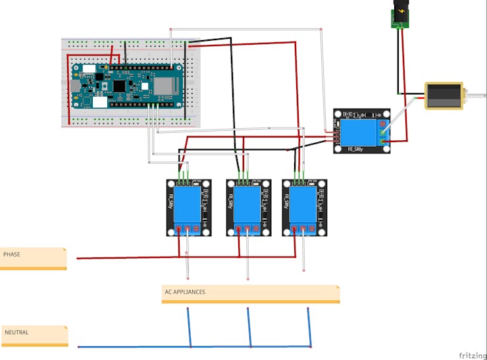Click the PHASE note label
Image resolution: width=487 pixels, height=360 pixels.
point(33,257)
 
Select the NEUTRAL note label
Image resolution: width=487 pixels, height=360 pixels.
point(34,335)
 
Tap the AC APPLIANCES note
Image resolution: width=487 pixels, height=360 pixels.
point(250,294)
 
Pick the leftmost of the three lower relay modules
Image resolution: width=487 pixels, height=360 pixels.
point(189,207)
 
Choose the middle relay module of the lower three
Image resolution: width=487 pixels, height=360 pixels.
point(249,207)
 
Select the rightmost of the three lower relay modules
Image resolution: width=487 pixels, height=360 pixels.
point(305,207)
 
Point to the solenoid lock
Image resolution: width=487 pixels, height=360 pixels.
point(443,96)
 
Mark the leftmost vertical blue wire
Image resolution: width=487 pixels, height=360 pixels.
point(190,326)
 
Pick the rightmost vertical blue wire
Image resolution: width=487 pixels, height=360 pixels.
point(309,326)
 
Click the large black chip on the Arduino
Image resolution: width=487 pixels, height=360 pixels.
point(119,86)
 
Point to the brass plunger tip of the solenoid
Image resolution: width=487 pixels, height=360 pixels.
point(467,96)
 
